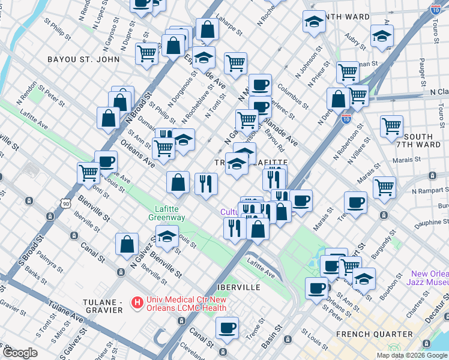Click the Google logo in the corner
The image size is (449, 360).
click(x=19, y=353)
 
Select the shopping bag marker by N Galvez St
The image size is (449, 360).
click(x=127, y=244)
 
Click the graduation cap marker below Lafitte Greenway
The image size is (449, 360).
click(x=167, y=236)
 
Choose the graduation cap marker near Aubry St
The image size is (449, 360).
click(x=382, y=37)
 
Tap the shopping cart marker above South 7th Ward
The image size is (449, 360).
click(x=391, y=125)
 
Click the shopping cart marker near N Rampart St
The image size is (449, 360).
click(x=384, y=187)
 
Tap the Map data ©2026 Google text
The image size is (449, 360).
click(x=411, y=355)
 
